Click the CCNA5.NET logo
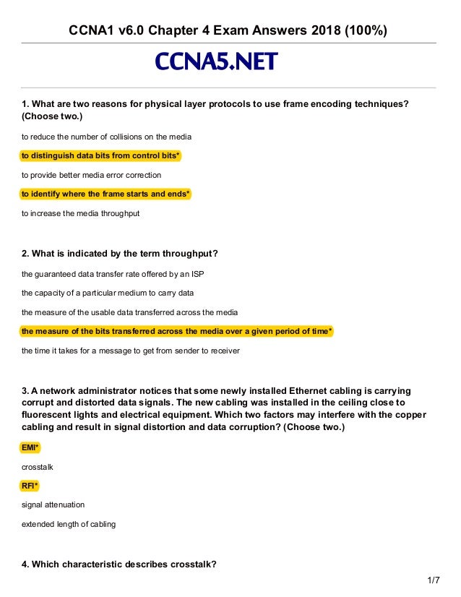pos(216,63)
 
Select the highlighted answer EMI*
pos(30,448)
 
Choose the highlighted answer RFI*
pos(30,486)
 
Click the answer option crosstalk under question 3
pos(36,467)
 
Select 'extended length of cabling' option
pos(68,523)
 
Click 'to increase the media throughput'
pos(80,213)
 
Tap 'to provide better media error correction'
pos(91,175)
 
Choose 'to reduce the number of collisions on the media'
pos(106,137)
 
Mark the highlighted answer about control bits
pos(100,155)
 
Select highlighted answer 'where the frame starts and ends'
pos(105,194)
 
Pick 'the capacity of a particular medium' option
pos(108,293)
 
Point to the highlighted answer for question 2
pos(177,331)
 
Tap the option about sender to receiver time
pos(130,351)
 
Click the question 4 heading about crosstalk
pos(119,564)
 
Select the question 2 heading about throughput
pos(120,253)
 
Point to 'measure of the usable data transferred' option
pos(129,312)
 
